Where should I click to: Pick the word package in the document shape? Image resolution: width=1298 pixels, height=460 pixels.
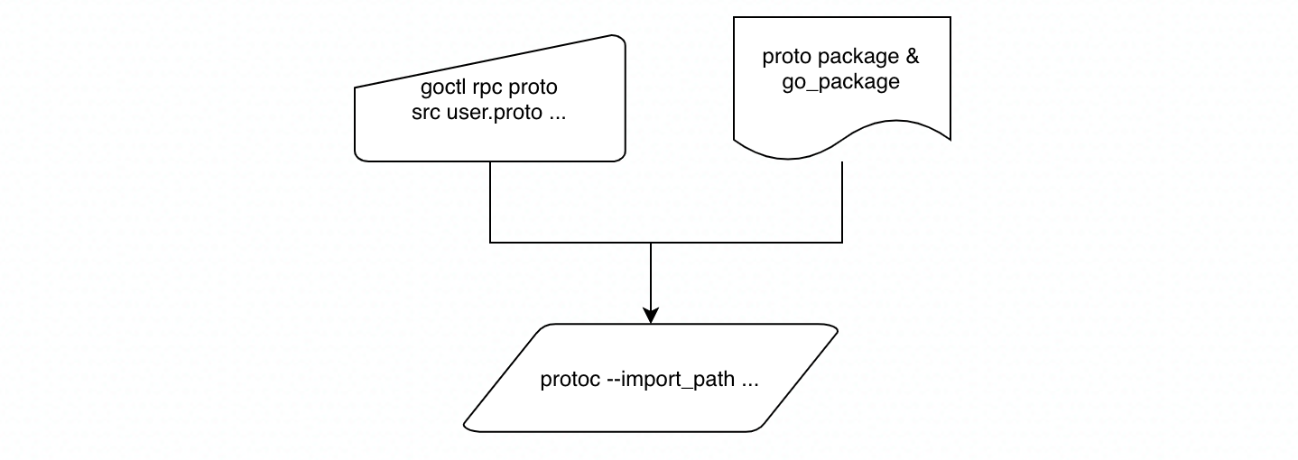(x=845, y=58)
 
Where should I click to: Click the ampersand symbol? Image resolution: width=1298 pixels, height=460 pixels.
(x=911, y=57)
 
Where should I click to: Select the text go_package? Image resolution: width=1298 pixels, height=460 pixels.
(x=840, y=82)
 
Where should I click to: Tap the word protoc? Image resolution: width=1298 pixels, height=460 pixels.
(x=568, y=380)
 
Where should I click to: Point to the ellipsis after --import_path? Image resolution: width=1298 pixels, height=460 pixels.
(x=749, y=380)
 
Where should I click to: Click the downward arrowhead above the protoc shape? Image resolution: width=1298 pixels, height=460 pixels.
(x=651, y=315)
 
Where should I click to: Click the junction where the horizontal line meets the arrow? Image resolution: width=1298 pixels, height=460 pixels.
(x=651, y=243)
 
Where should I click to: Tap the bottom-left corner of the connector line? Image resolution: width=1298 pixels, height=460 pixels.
(x=490, y=243)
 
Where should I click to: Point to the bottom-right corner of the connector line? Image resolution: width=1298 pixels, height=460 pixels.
(x=842, y=243)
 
